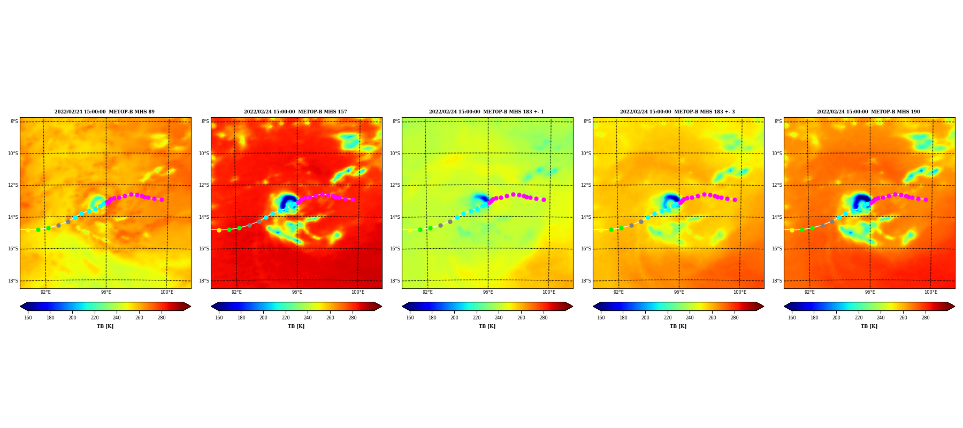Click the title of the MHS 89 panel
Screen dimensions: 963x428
point(104,112)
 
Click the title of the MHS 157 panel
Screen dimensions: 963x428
point(295,112)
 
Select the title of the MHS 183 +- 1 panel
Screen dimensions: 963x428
point(486,112)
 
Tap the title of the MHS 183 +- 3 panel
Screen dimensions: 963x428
point(677,112)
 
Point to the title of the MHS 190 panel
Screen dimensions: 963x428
point(868,112)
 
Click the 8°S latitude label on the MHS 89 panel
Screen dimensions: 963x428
point(14,121)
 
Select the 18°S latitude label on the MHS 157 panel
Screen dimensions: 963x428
point(205,281)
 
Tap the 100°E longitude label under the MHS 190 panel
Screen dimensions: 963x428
point(930,292)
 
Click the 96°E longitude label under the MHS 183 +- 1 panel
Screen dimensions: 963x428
point(488,292)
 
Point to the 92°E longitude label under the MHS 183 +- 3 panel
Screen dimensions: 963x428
point(618,292)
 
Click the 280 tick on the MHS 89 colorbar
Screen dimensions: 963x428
point(162,318)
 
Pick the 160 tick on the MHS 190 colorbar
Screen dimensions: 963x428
point(792,318)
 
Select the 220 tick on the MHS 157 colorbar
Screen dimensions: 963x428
point(286,318)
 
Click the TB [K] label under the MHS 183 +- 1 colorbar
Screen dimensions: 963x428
point(487,326)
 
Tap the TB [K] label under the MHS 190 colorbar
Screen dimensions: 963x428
point(869,326)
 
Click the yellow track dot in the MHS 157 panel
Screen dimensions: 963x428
point(219,230)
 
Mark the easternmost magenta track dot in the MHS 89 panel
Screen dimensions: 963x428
point(162,200)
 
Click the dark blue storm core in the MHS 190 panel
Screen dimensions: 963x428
point(861,202)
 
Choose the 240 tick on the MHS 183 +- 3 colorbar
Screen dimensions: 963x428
point(690,318)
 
